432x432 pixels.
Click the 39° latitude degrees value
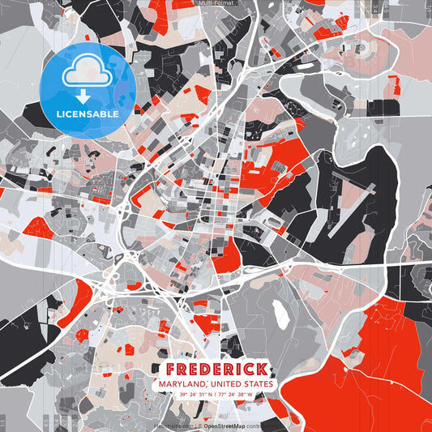[x=183, y=395]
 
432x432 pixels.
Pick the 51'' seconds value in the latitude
[x=203, y=395]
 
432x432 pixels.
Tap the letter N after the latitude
[x=212, y=395]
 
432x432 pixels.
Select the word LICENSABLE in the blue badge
[x=88, y=113]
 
